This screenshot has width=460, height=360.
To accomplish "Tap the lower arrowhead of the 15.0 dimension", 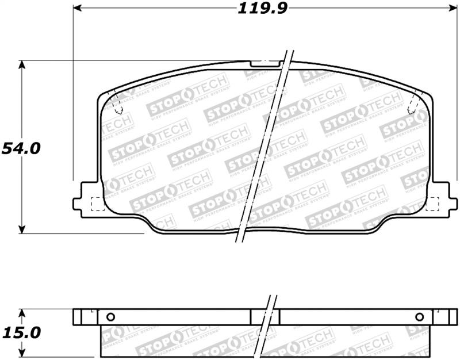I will [x=22, y=353].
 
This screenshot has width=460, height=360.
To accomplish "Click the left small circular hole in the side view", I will [x=111, y=316].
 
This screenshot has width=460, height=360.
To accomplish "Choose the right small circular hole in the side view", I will [x=419, y=316].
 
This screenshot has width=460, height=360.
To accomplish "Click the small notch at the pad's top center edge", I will [x=262, y=62].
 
